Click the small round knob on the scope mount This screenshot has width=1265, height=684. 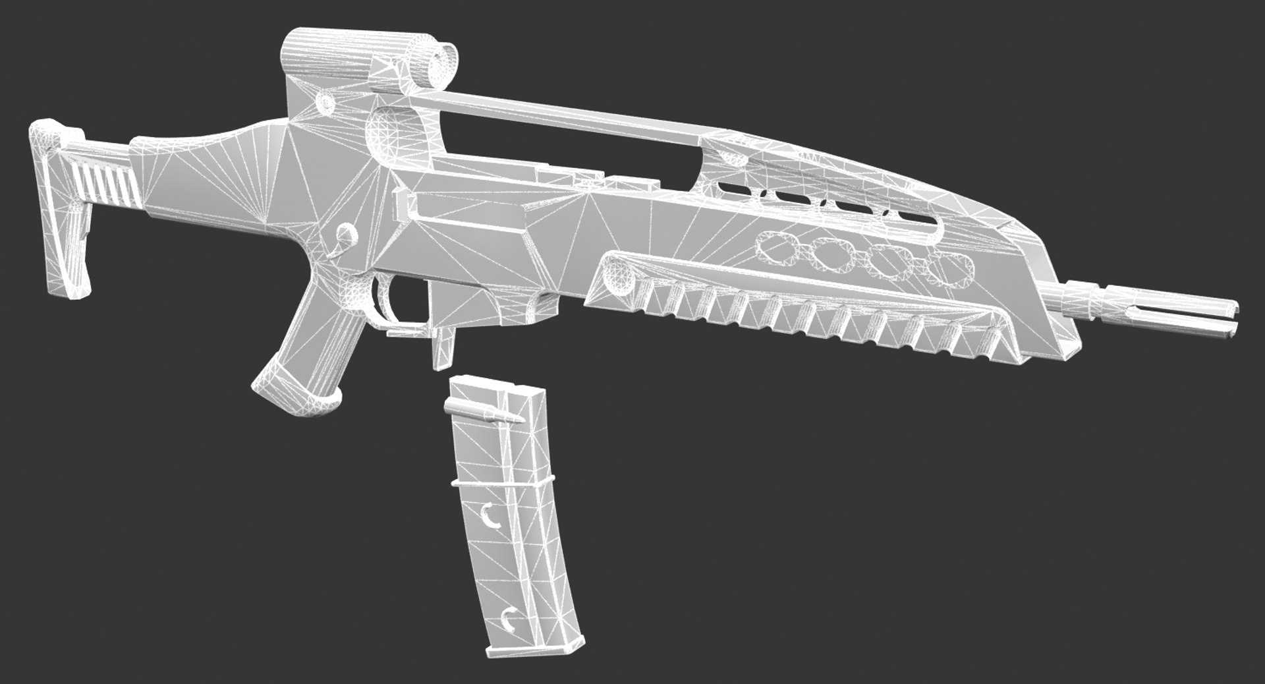click(325, 101)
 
